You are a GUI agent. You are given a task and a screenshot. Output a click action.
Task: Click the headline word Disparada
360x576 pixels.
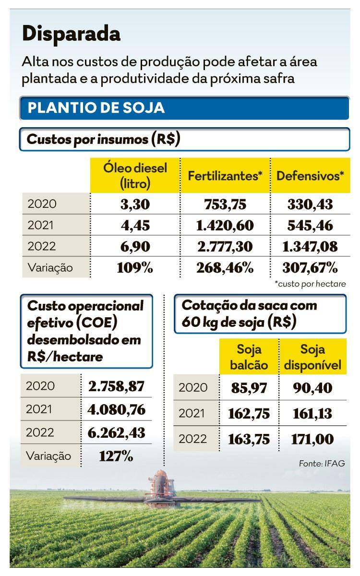pos(71,34)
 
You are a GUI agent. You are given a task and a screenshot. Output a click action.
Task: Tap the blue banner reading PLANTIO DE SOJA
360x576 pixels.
pos(184,108)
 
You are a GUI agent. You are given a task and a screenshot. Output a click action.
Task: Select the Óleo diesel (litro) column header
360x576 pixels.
pos(135,175)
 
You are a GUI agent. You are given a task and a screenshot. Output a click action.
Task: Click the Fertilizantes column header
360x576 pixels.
pos(225,175)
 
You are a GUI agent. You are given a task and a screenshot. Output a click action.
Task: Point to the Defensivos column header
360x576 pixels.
pos(310,175)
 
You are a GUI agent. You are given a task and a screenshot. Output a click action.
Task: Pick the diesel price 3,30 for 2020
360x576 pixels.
pos(135,204)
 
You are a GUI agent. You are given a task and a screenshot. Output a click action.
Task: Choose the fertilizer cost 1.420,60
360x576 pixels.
pos(225,225)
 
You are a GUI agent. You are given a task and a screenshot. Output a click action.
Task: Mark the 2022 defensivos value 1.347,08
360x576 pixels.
pos(310,246)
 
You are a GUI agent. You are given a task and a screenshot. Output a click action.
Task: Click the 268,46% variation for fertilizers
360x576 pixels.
pos(225,267)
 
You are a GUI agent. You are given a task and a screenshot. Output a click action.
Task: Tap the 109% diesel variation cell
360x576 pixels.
pos(135,267)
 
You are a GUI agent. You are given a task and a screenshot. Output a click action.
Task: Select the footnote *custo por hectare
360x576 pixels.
pos(310,284)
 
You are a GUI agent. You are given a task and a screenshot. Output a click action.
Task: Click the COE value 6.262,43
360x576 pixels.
pos(117,432)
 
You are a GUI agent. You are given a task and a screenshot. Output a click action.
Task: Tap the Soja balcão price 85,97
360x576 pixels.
pos(249,387)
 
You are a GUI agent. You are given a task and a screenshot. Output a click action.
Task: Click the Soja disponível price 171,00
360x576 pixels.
pos(312,439)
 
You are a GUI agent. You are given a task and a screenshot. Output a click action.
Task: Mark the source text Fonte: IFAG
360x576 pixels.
pos(322,463)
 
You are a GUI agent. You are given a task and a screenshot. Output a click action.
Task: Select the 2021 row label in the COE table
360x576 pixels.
pos(40,409)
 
